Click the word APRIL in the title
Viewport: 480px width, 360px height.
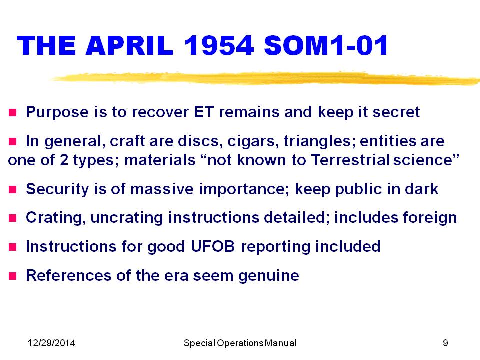tap(130, 45)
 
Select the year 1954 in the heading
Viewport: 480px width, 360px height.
tap(219, 45)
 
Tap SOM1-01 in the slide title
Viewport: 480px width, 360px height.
tap(326, 45)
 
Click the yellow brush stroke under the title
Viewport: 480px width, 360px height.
tap(265, 78)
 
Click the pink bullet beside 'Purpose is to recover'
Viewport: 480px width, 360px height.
tap(12, 113)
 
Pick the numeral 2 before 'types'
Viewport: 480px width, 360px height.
tap(64, 160)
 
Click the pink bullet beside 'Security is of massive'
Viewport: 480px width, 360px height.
tap(12, 190)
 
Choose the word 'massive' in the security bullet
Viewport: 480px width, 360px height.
tap(162, 189)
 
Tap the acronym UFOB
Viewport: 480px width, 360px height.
tap(213, 246)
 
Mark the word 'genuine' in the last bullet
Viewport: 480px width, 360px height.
tap(269, 276)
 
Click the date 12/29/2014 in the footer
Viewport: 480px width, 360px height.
tap(51, 343)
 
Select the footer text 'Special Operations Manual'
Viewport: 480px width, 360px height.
tap(240, 343)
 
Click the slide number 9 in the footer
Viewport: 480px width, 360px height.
tap(445, 343)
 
